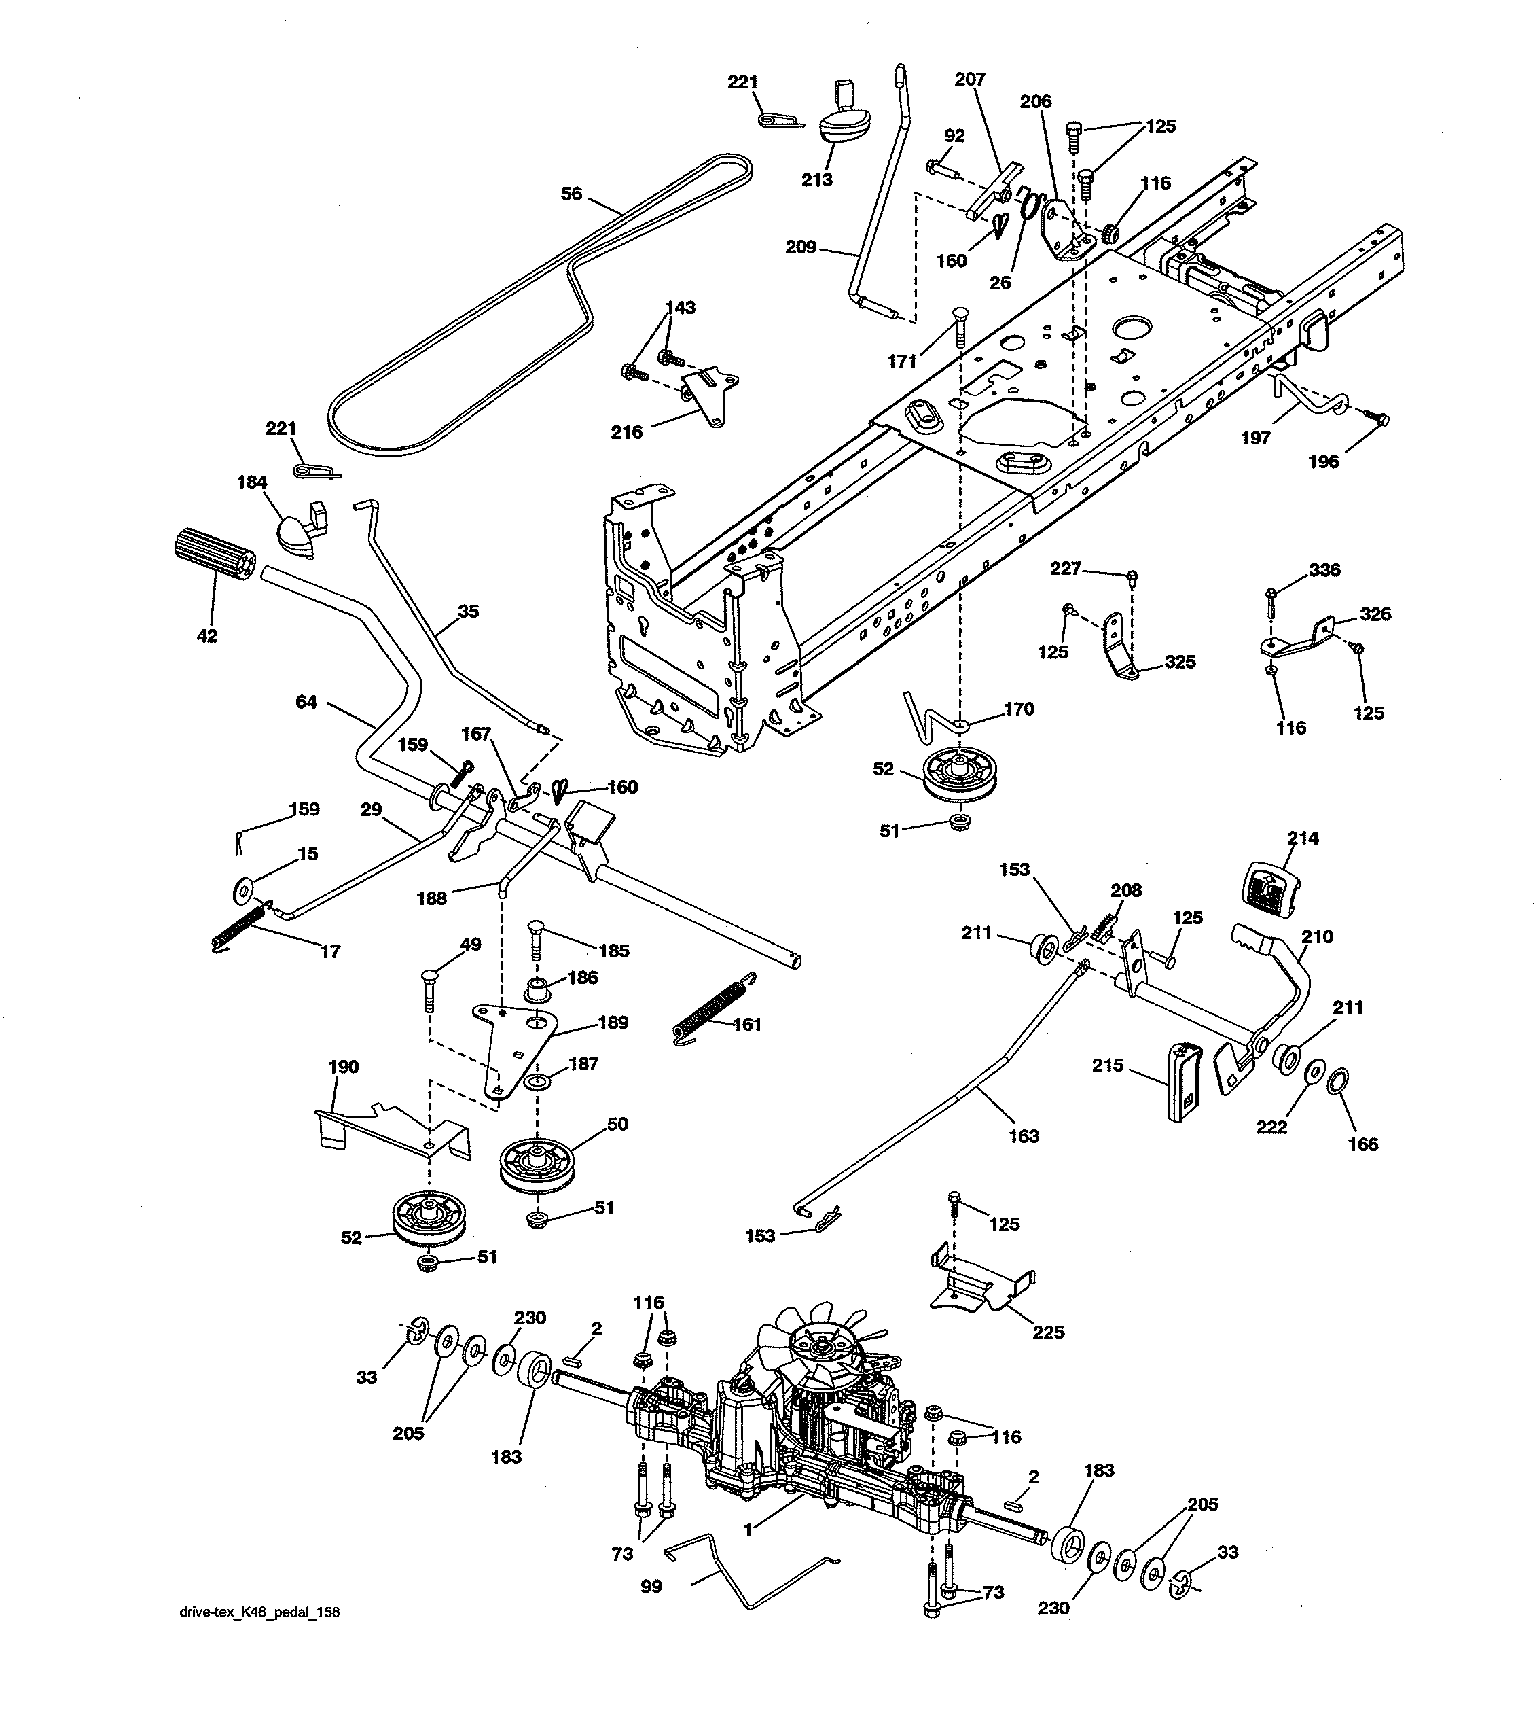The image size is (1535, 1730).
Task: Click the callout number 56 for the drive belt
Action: point(571,194)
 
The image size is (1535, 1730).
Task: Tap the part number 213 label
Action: point(816,179)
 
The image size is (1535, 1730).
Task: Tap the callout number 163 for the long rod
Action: point(1023,1136)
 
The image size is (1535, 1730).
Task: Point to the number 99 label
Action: point(651,1586)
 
